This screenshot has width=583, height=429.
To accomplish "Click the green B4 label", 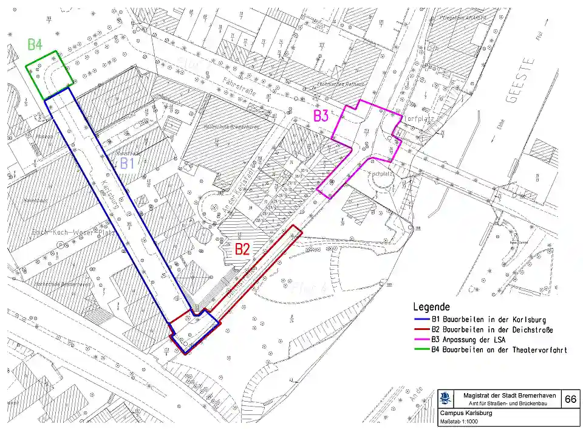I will click(x=35, y=44).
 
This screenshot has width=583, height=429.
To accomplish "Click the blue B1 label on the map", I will click(x=127, y=163).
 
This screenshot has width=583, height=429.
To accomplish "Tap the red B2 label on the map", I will click(x=242, y=249).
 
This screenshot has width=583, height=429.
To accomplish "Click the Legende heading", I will click(x=431, y=307).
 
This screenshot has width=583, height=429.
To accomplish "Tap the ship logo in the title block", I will click(x=446, y=399).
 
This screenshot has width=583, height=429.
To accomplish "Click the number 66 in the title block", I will click(x=570, y=399).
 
